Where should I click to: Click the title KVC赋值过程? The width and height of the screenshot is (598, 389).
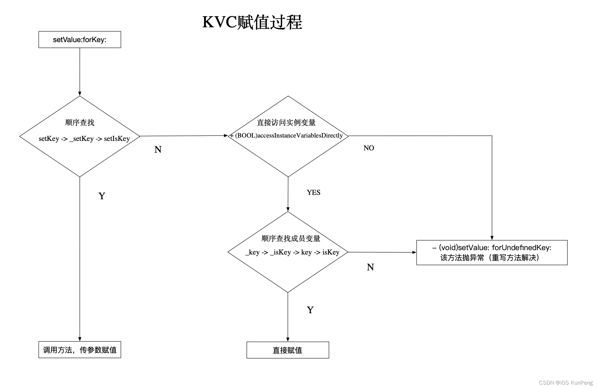pyautogui.click(x=252, y=22)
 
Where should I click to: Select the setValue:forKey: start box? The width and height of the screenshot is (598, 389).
pyautogui.click(x=80, y=40)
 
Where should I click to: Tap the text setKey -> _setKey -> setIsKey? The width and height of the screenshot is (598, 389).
pyautogui.click(x=84, y=139)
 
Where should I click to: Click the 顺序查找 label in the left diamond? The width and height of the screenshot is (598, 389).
pyautogui.click(x=80, y=122)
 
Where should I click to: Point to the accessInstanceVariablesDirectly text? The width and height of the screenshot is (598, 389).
pyautogui.click(x=289, y=136)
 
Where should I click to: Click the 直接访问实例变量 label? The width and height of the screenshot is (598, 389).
pyautogui.click(x=286, y=122)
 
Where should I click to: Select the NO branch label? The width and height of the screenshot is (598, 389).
pyautogui.click(x=369, y=148)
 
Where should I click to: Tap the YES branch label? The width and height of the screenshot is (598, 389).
pyautogui.click(x=313, y=192)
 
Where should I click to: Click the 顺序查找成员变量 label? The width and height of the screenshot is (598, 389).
pyautogui.click(x=291, y=238)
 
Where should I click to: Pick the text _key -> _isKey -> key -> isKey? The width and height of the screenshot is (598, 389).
pyautogui.click(x=292, y=252)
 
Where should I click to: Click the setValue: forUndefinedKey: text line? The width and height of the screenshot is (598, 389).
pyautogui.click(x=492, y=248)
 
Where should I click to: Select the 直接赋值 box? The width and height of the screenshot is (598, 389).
pyautogui.click(x=288, y=350)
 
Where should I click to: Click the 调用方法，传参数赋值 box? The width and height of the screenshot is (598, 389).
pyautogui.click(x=80, y=350)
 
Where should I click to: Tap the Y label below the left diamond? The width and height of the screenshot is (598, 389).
pyautogui.click(x=102, y=196)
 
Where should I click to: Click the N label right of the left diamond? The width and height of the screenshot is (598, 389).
pyautogui.click(x=158, y=149)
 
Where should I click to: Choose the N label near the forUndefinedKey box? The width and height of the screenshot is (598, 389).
pyautogui.click(x=370, y=267)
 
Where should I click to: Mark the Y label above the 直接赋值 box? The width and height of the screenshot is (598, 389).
pyautogui.click(x=310, y=310)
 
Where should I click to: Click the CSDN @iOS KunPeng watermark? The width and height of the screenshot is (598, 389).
pyautogui.click(x=566, y=383)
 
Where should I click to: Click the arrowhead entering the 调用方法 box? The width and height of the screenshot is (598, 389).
pyautogui.click(x=80, y=339)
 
